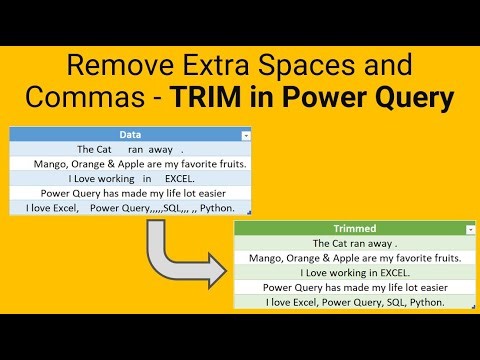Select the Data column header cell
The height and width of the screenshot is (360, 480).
130,133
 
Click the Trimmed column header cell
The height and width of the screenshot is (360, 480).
355,229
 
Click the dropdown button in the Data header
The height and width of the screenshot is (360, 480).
246,134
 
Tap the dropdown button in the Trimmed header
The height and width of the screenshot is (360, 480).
471,230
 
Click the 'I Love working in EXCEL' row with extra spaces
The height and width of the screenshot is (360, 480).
130,178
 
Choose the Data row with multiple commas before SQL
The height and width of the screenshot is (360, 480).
130,208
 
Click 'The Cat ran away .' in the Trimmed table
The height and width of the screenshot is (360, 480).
355,243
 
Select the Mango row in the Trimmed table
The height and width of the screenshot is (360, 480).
355,258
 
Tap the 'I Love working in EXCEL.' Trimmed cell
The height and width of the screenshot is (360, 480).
355,272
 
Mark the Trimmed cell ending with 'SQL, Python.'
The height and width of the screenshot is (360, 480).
355,302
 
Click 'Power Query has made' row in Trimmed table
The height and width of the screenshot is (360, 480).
355,287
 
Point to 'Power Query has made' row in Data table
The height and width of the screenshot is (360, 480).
130,193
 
